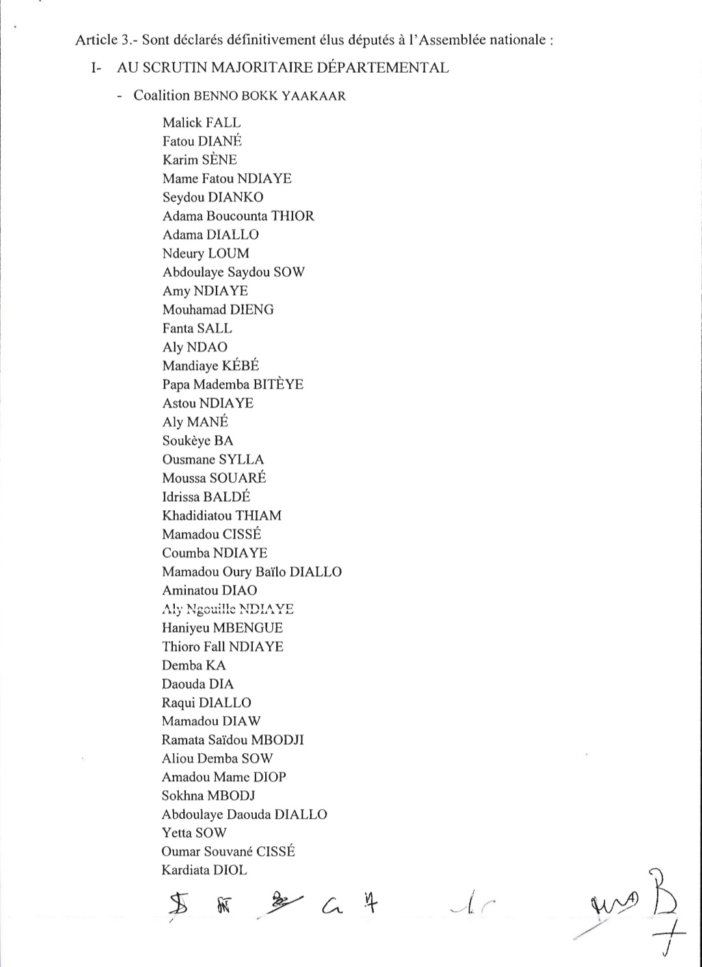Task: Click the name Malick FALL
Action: coord(201,123)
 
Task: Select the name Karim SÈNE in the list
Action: coord(200,160)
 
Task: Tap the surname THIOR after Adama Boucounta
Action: coord(292,216)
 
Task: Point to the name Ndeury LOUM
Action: coord(205,253)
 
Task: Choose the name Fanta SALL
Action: coord(197,328)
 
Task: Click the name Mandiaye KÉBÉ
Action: coord(211,365)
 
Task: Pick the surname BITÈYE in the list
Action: coord(278,384)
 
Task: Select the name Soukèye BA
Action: coord(198,441)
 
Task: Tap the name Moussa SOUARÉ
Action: coord(214,478)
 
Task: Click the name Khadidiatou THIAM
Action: coord(222,515)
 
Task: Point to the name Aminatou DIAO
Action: coord(209,590)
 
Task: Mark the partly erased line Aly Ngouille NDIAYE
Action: coord(227,609)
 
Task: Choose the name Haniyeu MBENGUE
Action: coord(222,628)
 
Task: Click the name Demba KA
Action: coord(194,665)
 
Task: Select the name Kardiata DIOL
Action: coord(204,870)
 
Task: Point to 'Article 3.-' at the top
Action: coord(106,40)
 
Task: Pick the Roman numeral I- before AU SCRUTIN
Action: coord(97,68)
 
